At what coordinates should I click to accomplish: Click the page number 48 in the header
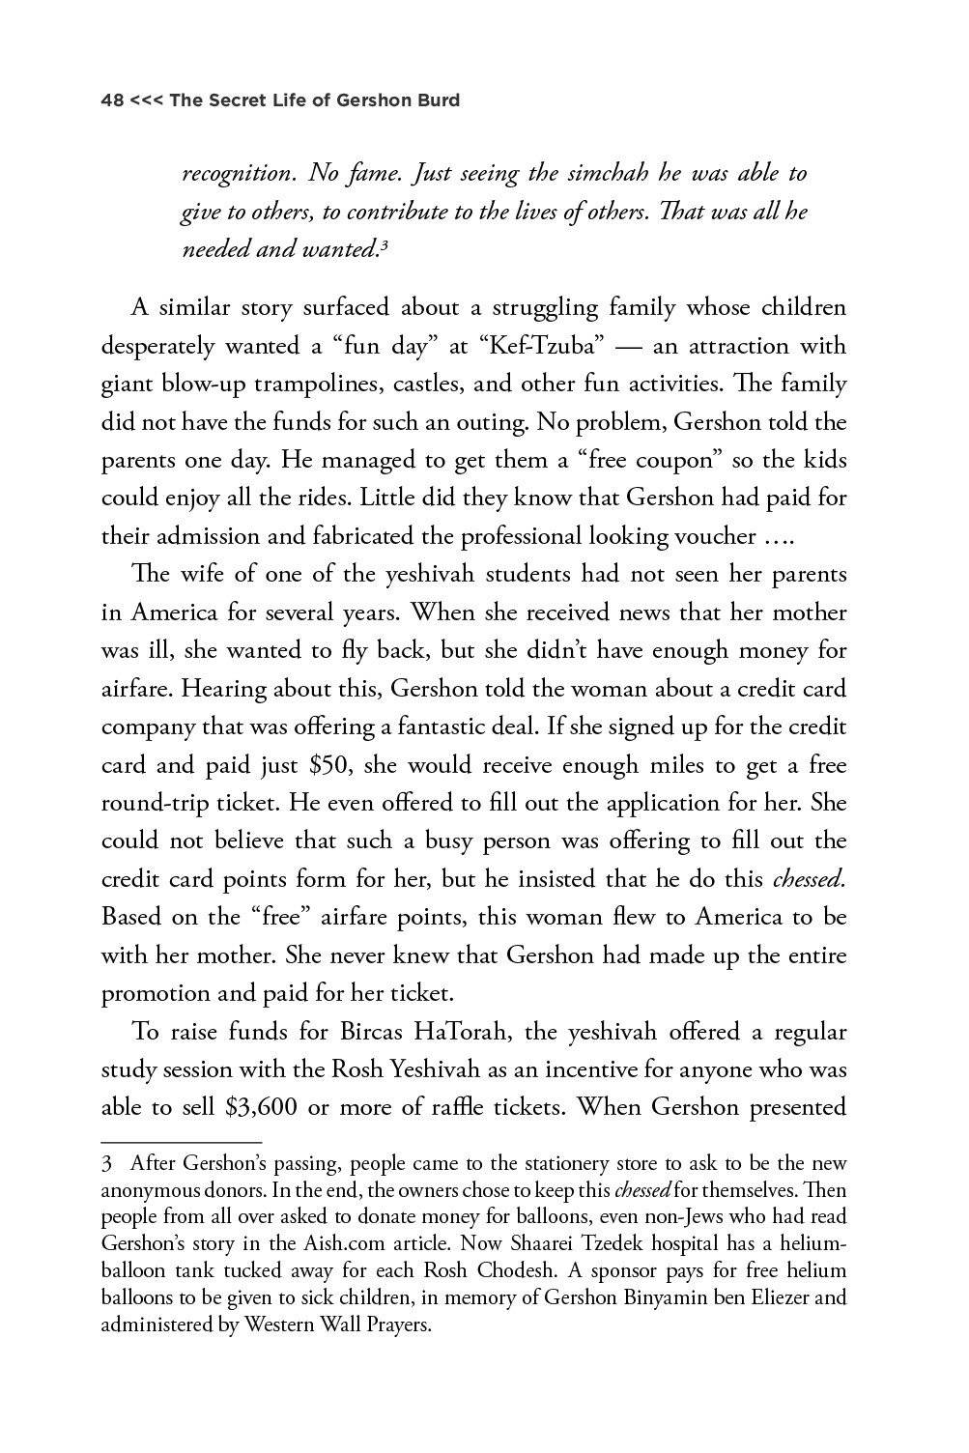pos(113,100)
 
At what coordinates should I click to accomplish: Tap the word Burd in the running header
pos(438,100)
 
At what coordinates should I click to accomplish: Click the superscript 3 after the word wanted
pos(384,245)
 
